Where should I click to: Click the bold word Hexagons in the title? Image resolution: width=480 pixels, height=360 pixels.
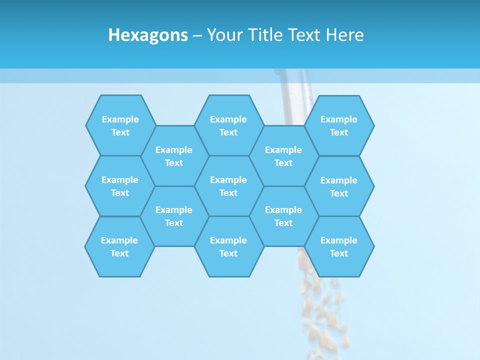pyautogui.click(x=148, y=35)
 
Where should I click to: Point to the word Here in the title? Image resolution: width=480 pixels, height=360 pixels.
pyautogui.click(x=344, y=35)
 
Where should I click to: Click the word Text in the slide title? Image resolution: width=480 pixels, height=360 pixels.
pyautogui.click(x=304, y=35)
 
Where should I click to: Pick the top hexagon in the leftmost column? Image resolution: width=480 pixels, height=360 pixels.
pyautogui.click(x=120, y=125)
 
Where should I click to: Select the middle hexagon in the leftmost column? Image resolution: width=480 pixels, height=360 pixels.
pyautogui.click(x=120, y=186)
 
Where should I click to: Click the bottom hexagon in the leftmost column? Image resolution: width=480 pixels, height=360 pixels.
pyautogui.click(x=119, y=246)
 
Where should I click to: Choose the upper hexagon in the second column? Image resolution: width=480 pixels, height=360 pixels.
pyautogui.click(x=174, y=156)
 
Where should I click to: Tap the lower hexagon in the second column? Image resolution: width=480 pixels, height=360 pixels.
pyautogui.click(x=174, y=216)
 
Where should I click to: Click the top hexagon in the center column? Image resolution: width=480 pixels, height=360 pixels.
pyautogui.click(x=228, y=125)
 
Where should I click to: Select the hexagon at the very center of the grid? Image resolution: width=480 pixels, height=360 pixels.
pyautogui.click(x=228, y=186)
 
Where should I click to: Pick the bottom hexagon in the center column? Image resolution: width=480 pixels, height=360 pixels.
pyautogui.click(x=228, y=246)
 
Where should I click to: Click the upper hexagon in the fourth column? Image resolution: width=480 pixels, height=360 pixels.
pyautogui.click(x=283, y=156)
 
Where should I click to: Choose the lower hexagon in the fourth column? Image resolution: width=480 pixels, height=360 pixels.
pyautogui.click(x=283, y=216)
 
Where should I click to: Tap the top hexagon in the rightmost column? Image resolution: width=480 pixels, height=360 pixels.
pyautogui.click(x=339, y=125)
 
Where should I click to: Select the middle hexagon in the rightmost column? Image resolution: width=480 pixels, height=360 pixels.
pyautogui.click(x=339, y=186)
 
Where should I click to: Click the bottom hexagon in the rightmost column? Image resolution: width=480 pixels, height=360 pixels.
pyautogui.click(x=339, y=246)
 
